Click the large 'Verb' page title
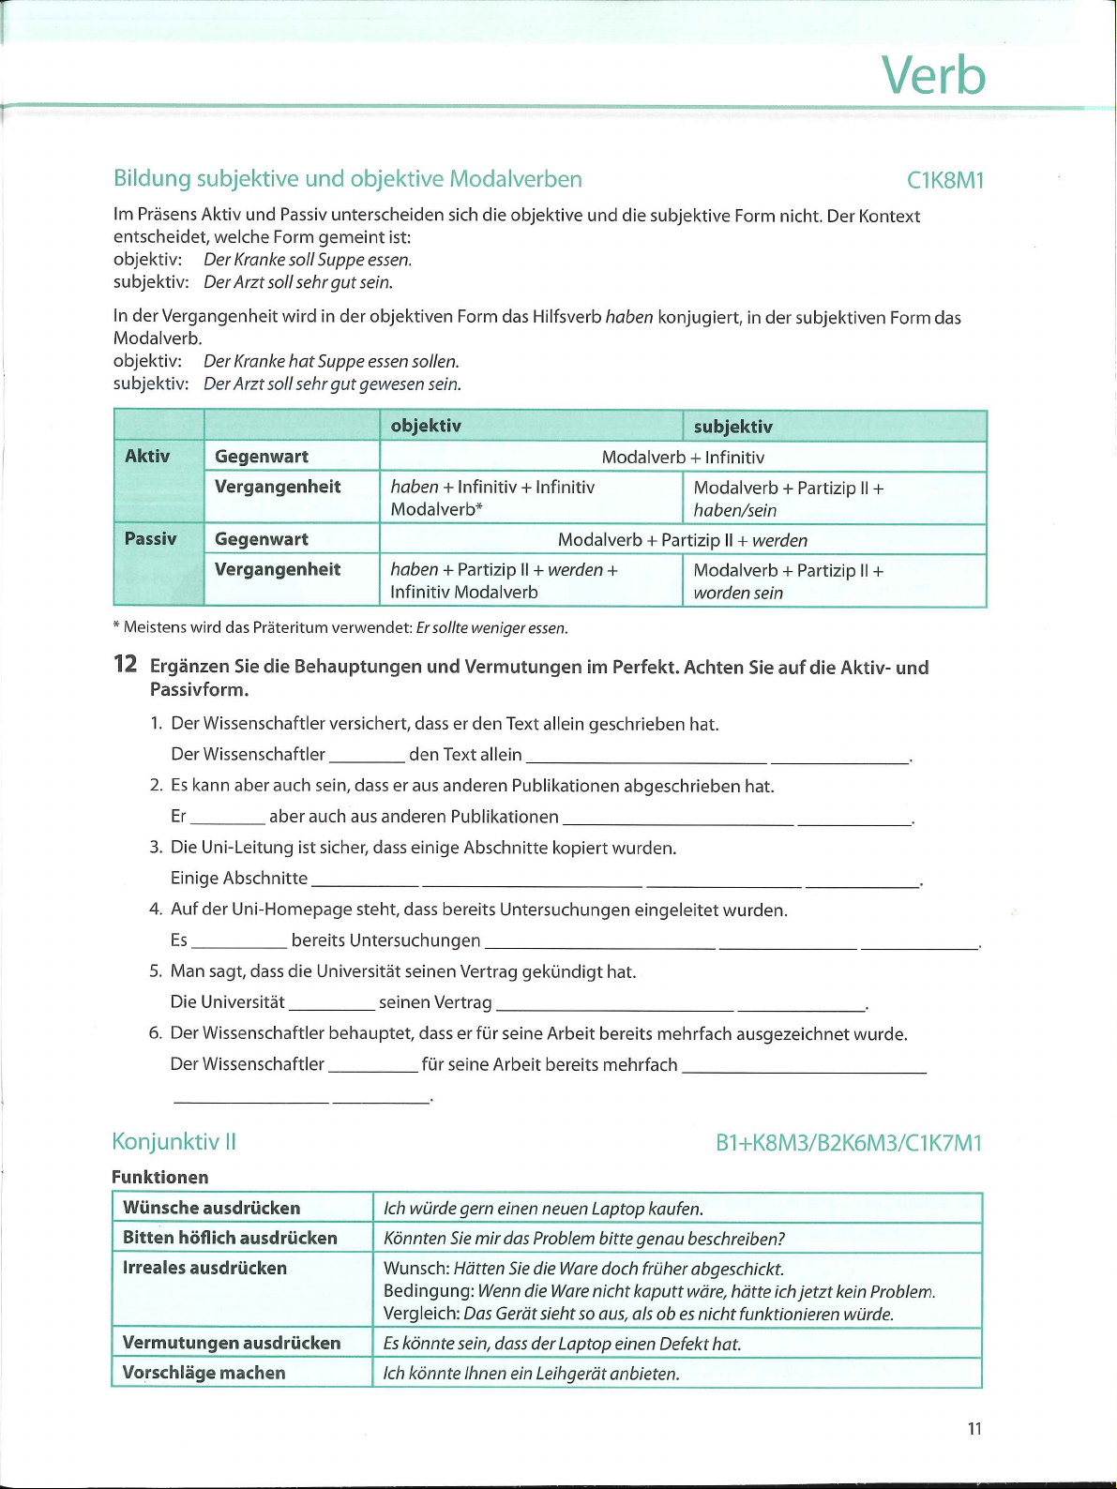pyautogui.click(x=933, y=75)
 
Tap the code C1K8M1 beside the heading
pyautogui.click(x=944, y=180)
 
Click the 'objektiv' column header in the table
pyautogui.click(x=426, y=426)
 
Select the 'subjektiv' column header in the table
pyautogui.click(x=733, y=427)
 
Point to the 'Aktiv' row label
pyautogui.click(x=147, y=457)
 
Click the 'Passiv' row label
pyautogui.click(x=150, y=539)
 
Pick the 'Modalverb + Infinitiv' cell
pyautogui.click(x=683, y=458)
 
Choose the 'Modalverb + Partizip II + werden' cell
pyautogui.click(x=683, y=540)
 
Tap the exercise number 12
pyautogui.click(x=125, y=665)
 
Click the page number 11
pyautogui.click(x=974, y=1428)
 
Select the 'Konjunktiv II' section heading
pyautogui.click(x=174, y=1141)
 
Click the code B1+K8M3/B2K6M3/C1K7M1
pyautogui.click(x=848, y=1142)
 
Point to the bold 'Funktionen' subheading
pyautogui.click(x=160, y=1177)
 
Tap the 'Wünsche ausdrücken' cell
pyautogui.click(x=212, y=1208)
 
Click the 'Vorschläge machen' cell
pyautogui.click(x=204, y=1373)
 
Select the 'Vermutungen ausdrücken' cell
pyautogui.click(x=232, y=1343)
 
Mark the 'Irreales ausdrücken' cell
pyautogui.click(x=205, y=1268)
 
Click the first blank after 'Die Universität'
pyautogui.click(x=332, y=1003)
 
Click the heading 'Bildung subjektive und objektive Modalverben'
pyautogui.click(x=348, y=179)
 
